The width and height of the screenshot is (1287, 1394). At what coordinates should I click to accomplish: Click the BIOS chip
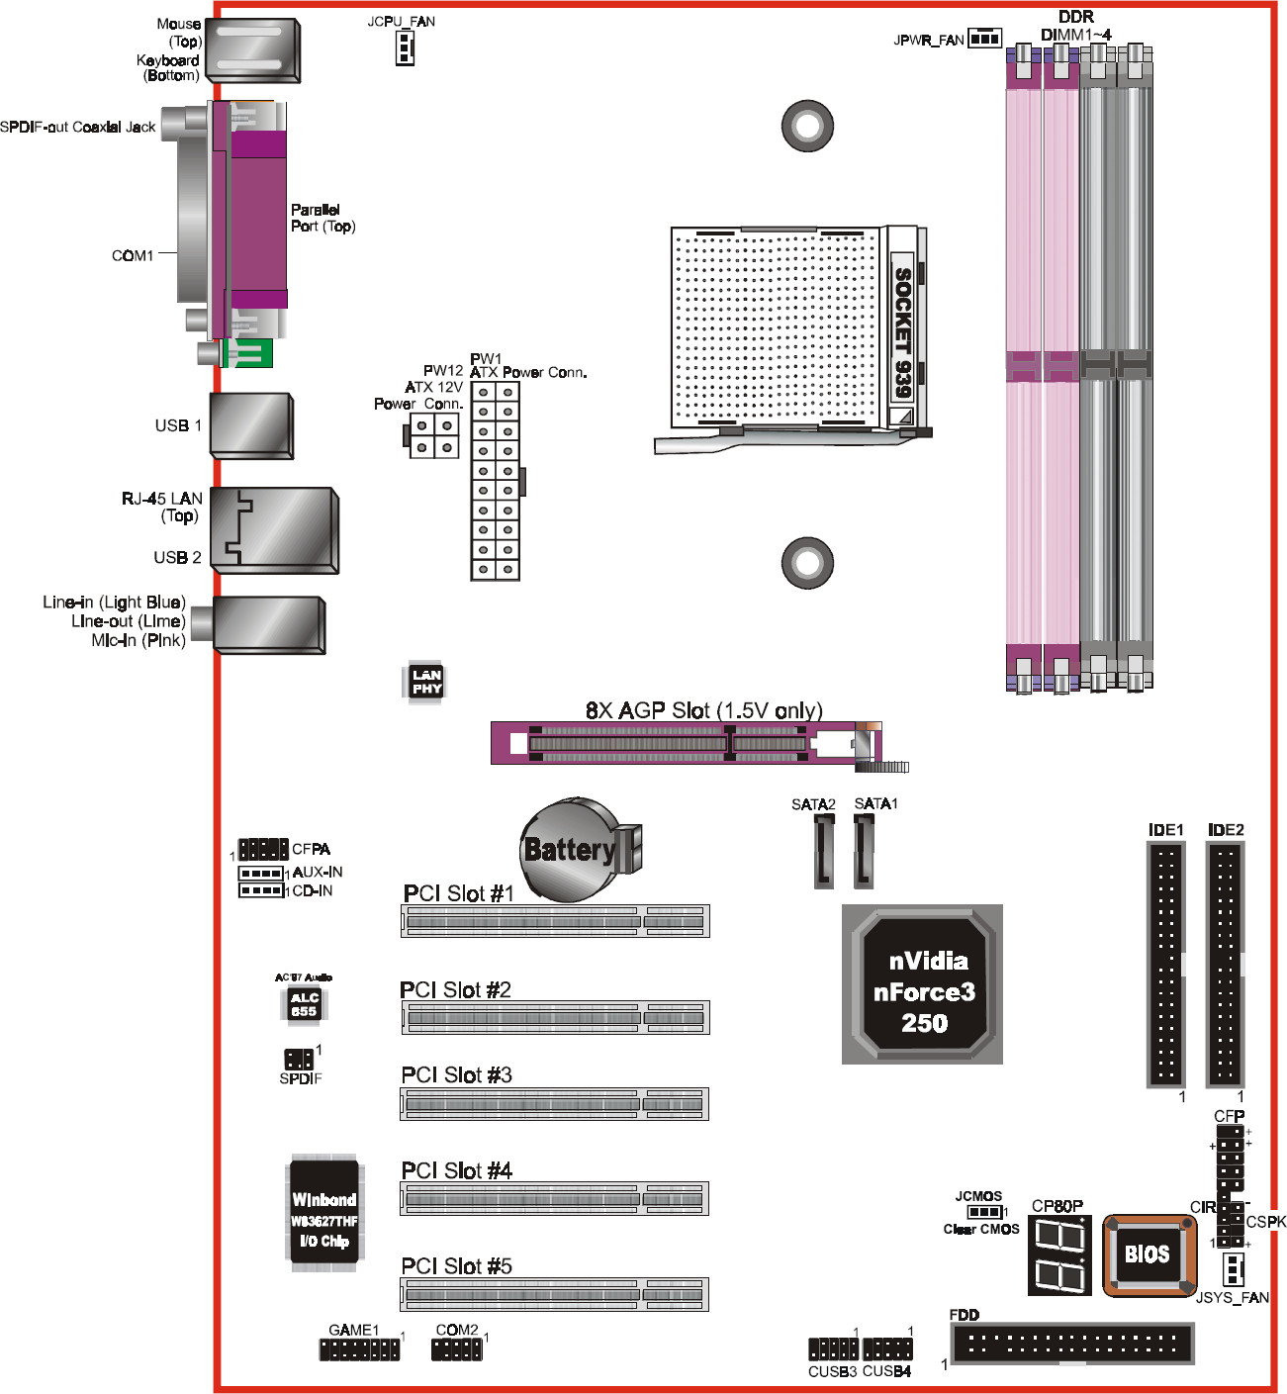(1148, 1255)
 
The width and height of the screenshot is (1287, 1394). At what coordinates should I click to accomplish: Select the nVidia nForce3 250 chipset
(923, 990)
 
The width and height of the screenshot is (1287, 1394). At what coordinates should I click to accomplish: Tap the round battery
(572, 850)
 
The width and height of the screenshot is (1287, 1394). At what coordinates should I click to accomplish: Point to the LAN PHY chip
(426, 682)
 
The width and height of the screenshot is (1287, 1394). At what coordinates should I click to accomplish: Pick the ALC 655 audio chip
(304, 1004)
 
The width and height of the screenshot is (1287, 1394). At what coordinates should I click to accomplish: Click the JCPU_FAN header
(404, 46)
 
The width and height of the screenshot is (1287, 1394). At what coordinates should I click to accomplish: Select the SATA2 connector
(824, 852)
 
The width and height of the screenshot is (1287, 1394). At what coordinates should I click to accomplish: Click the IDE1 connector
(1165, 965)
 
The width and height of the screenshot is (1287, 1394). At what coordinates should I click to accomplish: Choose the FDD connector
(1072, 1343)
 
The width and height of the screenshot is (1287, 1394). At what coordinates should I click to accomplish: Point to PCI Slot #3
(554, 1103)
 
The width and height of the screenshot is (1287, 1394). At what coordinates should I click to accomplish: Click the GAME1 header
(359, 1349)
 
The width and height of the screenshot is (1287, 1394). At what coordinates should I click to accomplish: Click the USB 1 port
(251, 426)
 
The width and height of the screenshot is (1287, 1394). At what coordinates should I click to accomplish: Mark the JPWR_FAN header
(984, 39)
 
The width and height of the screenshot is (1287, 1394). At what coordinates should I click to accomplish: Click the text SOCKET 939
(902, 331)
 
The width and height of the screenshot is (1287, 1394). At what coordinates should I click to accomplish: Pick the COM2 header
(457, 1349)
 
